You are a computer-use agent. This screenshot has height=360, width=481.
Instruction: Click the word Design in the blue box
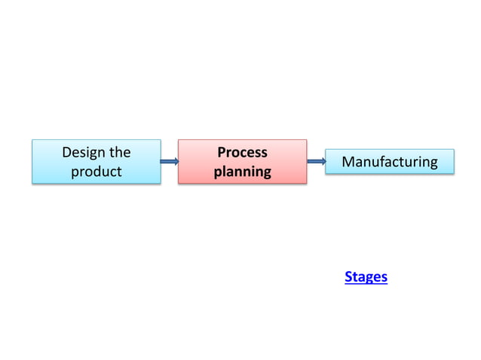[83, 152]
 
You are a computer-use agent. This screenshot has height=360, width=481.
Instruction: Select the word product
[96, 172]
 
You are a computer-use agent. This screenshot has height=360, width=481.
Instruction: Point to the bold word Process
[242, 152]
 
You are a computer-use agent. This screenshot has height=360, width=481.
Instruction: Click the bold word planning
[242, 172]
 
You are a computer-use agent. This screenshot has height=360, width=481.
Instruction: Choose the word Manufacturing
[389, 162]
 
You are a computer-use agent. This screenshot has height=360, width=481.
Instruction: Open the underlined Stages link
[366, 277]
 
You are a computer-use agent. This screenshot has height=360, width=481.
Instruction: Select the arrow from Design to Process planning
[170, 161]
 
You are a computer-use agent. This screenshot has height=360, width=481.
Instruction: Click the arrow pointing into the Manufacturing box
[316, 160]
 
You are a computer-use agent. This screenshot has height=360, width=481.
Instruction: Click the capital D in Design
[66, 152]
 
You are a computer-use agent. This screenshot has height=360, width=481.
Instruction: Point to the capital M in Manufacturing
[348, 162]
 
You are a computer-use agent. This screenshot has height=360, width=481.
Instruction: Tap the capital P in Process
[222, 152]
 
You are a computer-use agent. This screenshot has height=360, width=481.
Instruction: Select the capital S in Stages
[348, 277]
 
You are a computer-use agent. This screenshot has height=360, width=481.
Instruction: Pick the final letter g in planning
[266, 173]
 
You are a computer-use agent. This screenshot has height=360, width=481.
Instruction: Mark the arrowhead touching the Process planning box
[176, 161]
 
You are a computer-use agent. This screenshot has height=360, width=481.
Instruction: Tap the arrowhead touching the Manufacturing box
[322, 160]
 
